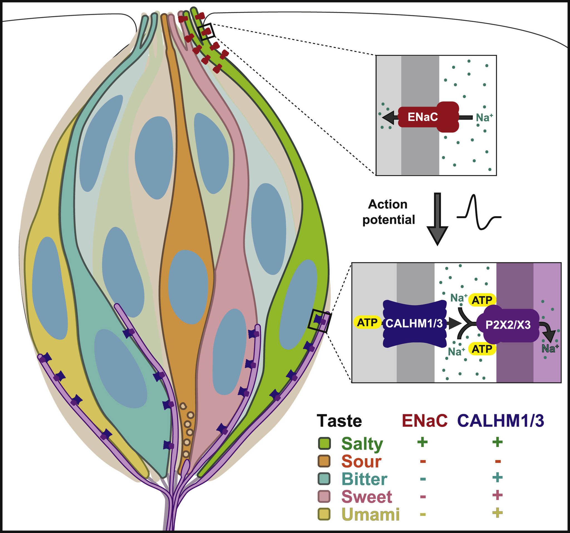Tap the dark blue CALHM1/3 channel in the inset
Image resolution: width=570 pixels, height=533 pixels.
tap(414, 323)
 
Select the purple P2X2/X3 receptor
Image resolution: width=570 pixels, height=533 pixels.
tap(508, 325)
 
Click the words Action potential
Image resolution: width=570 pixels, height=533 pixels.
tap(389, 212)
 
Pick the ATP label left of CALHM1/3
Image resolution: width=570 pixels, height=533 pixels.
tap(367, 323)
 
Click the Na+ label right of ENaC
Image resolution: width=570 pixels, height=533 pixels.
tap(484, 117)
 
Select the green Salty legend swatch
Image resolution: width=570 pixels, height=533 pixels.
tap(325, 444)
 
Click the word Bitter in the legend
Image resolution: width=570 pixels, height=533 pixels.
tap(364, 479)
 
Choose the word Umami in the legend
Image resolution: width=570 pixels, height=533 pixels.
tap(371, 514)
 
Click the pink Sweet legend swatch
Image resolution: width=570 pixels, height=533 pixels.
tap(325, 496)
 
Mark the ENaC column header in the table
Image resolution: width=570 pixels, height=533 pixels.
tap(425, 421)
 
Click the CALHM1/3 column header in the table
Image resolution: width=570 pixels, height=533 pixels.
tap(501, 421)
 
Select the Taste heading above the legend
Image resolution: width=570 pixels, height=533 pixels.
tap(339, 421)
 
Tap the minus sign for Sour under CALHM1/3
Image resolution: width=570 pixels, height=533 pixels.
tap(498, 461)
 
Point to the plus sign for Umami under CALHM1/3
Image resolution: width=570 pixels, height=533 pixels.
tap(497, 513)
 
